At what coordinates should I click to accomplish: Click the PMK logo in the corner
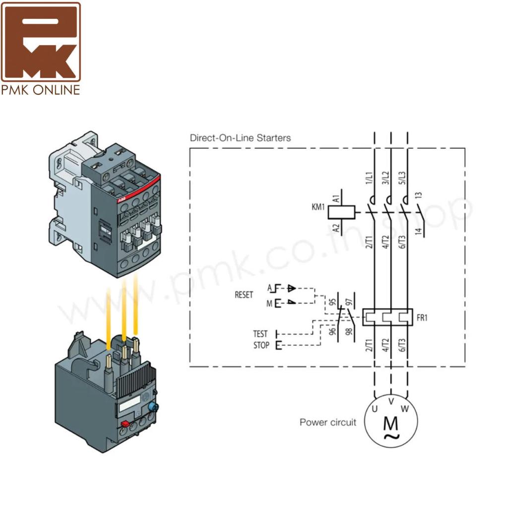(x=41, y=42)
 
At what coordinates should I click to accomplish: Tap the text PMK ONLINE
(x=41, y=90)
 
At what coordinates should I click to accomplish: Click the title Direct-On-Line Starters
(x=240, y=138)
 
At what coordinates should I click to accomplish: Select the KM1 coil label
(x=318, y=207)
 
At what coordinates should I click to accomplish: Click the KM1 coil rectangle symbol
(x=341, y=212)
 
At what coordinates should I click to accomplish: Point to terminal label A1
(x=336, y=198)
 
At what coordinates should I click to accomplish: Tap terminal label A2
(x=336, y=228)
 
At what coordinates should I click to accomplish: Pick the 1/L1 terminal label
(x=369, y=178)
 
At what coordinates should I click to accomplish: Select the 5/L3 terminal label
(x=402, y=178)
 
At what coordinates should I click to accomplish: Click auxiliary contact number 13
(x=419, y=195)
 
